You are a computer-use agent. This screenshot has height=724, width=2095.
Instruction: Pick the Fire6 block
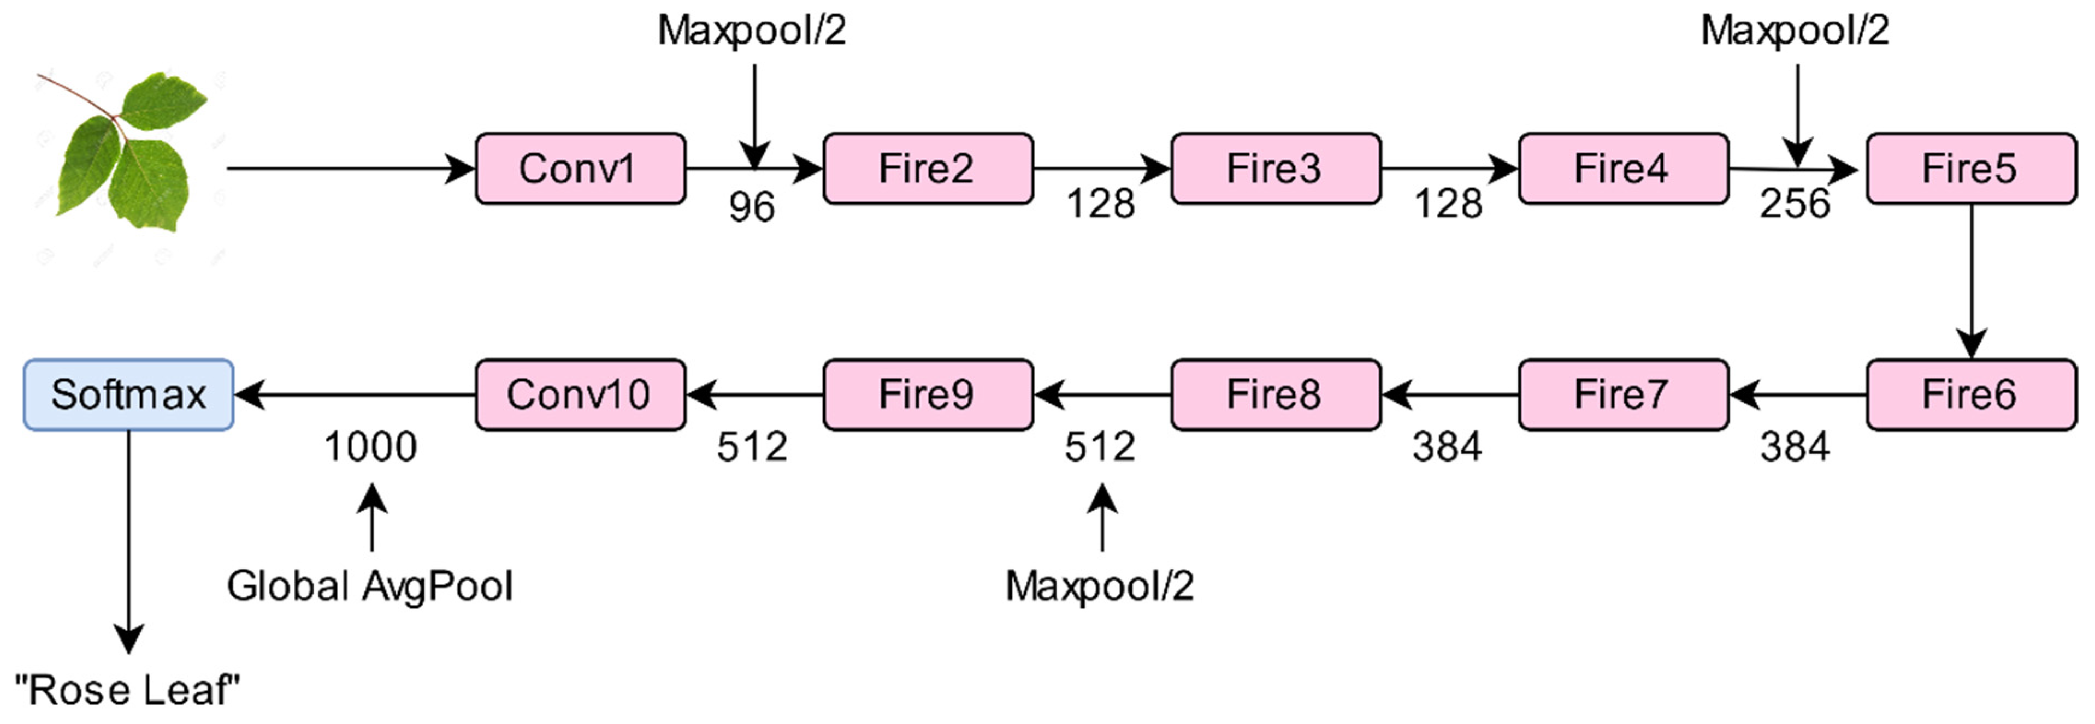point(1970,395)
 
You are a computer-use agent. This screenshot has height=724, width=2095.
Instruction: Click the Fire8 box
point(1275,395)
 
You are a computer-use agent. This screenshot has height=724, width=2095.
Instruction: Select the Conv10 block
point(580,395)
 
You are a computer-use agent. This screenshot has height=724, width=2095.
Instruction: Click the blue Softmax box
point(128,395)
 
